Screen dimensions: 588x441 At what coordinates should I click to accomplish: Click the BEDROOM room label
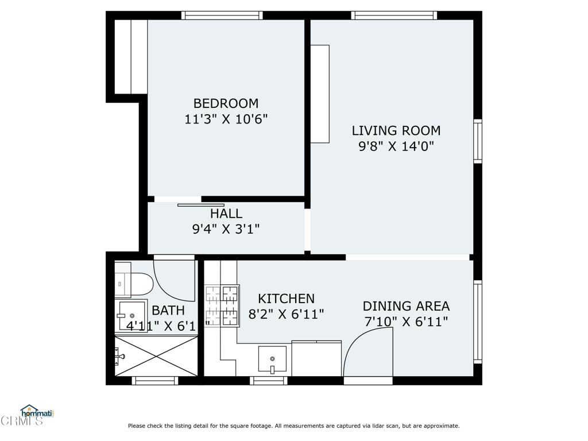(226, 103)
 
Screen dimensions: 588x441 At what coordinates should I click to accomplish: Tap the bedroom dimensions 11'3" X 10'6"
(226, 119)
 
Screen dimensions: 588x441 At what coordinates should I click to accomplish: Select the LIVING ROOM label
(396, 130)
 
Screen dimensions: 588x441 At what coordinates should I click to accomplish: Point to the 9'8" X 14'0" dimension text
(396, 146)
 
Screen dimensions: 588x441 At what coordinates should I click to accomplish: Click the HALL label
(226, 214)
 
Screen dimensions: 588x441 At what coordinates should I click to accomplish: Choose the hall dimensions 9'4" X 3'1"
(226, 229)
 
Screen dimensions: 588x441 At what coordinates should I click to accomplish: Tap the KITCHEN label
(286, 299)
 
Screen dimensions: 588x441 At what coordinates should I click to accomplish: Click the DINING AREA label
(406, 306)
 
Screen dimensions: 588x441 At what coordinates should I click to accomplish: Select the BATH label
(168, 311)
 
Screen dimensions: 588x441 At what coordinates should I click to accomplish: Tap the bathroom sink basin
(131, 316)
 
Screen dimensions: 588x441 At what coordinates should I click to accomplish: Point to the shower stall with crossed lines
(156, 355)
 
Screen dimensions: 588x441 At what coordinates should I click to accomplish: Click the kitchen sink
(272, 360)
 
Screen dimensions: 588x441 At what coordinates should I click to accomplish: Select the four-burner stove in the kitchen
(222, 305)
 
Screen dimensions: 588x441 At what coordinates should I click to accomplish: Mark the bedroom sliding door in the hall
(200, 205)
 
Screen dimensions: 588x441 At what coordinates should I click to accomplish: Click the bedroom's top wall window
(222, 16)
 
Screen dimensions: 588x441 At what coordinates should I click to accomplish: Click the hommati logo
(37, 412)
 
